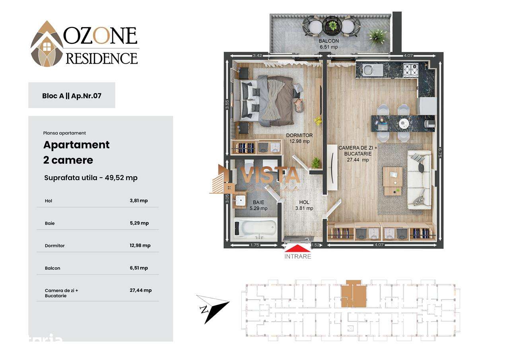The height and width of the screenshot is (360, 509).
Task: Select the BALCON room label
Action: click(x=329, y=44)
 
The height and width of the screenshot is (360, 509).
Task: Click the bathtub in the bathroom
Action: click(x=255, y=229)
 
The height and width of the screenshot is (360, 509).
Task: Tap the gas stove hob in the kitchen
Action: click(x=410, y=70)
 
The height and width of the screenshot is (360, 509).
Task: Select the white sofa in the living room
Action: click(x=420, y=180)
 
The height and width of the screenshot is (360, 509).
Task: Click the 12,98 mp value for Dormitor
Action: click(x=140, y=245)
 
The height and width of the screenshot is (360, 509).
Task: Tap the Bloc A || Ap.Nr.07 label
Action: click(x=72, y=95)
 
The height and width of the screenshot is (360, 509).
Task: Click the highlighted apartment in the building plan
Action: click(x=353, y=294)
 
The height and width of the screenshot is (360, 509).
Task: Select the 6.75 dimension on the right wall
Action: click(x=439, y=153)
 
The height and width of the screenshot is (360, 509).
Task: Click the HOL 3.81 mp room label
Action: click(x=304, y=205)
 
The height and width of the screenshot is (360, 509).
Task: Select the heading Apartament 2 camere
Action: click(x=76, y=152)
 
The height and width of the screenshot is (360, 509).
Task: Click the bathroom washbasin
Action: click(x=240, y=200)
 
